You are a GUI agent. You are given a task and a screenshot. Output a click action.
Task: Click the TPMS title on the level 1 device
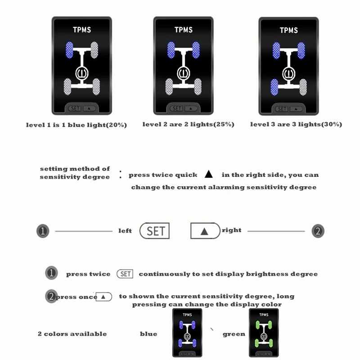click(x=82, y=30)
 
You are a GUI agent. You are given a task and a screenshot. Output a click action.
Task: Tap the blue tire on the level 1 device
click(x=69, y=49)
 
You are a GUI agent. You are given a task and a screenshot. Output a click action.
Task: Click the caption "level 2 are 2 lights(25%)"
click(x=188, y=124)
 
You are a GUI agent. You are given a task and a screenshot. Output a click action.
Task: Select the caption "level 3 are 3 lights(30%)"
click(x=296, y=124)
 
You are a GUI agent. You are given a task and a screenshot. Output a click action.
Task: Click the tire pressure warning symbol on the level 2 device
click(x=183, y=73)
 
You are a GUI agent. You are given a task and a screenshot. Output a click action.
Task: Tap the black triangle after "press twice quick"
click(x=208, y=175)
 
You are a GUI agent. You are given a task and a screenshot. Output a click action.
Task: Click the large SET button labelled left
click(x=154, y=231)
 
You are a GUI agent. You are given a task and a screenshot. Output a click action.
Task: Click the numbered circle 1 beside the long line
click(x=42, y=231)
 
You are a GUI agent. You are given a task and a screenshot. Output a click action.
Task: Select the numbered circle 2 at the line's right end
click(x=318, y=231)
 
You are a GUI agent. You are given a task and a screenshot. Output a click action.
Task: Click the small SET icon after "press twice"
click(x=125, y=274)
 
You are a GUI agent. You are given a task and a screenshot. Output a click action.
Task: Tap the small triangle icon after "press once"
click(x=103, y=297)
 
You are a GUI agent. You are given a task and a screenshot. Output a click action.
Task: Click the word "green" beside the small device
click(x=234, y=334)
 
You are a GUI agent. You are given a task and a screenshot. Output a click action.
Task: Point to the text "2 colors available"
click(x=72, y=334)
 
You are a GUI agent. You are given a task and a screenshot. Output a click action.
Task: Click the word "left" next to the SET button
click(x=125, y=231)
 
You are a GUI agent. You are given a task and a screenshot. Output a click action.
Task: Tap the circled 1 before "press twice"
click(x=52, y=273)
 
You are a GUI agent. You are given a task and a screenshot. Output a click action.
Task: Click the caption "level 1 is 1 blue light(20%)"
click(x=76, y=125)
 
